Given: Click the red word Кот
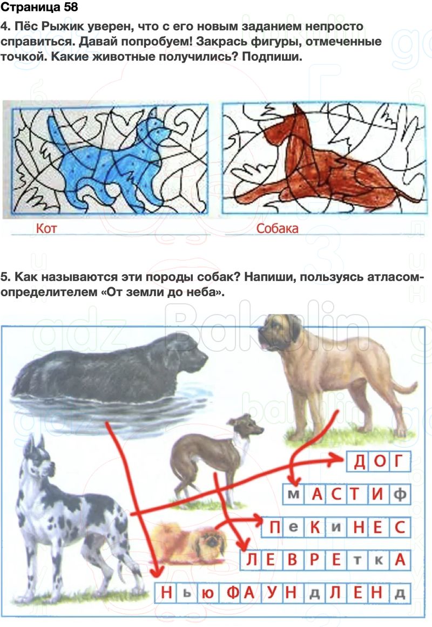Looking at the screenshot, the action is pyautogui.click(x=46, y=228).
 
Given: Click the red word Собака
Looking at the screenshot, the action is pyautogui.click(x=277, y=228).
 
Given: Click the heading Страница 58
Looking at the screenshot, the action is pyautogui.click(x=39, y=7).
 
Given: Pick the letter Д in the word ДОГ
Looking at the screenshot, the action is pyautogui.click(x=360, y=462).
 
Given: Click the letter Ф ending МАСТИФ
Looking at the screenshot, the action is pyautogui.click(x=400, y=495).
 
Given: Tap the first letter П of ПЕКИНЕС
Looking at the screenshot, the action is pyautogui.click(x=275, y=527).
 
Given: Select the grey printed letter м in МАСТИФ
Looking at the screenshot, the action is pyautogui.click(x=294, y=495).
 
